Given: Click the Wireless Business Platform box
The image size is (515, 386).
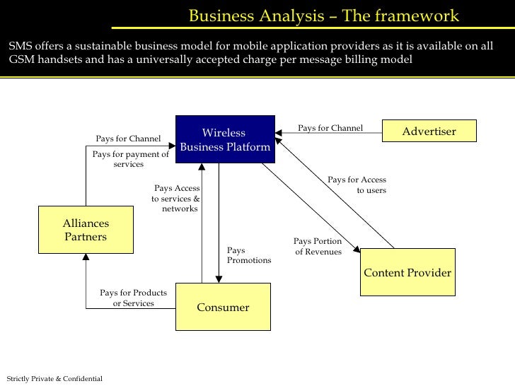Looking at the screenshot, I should tap(224, 140).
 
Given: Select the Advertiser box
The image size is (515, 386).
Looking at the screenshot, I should tap(429, 131).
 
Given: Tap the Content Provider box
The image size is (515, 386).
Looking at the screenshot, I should tap(407, 272).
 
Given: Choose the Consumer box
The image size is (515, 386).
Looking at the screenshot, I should tap(223, 307).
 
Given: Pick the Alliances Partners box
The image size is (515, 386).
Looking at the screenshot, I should tap(86, 230).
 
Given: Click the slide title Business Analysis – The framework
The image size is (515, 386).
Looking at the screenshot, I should tap(324, 16).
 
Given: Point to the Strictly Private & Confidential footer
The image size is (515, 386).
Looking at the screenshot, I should tap(54, 379).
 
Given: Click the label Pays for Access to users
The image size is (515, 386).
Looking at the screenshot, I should tap(357, 185).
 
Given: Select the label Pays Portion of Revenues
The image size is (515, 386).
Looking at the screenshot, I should tap(318, 247).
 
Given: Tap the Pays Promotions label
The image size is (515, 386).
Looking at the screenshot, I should tap(248, 255).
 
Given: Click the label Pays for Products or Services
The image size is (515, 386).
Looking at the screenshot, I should tap(133, 298).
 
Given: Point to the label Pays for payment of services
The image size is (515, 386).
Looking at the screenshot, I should tap(130, 159).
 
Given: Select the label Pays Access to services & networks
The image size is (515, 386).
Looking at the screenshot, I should tap(177, 199).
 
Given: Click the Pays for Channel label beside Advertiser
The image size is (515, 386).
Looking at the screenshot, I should tap(330, 128).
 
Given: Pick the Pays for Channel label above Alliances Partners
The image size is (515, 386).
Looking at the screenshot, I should tap(128, 139).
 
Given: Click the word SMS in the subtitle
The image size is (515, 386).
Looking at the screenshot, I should tap(21, 46).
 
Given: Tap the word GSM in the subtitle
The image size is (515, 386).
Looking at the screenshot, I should tap(23, 59).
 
